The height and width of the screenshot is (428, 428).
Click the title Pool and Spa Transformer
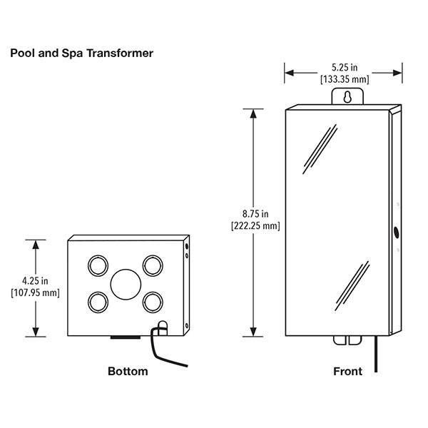[81, 53]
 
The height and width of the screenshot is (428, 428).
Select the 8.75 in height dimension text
[254, 213]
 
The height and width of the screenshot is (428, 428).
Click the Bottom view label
[128, 371]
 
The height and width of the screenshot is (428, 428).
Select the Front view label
[347, 371]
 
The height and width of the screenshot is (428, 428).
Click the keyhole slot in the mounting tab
[347, 96]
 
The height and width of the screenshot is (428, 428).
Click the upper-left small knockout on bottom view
[96, 266]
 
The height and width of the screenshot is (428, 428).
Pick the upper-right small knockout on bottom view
[152, 266]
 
